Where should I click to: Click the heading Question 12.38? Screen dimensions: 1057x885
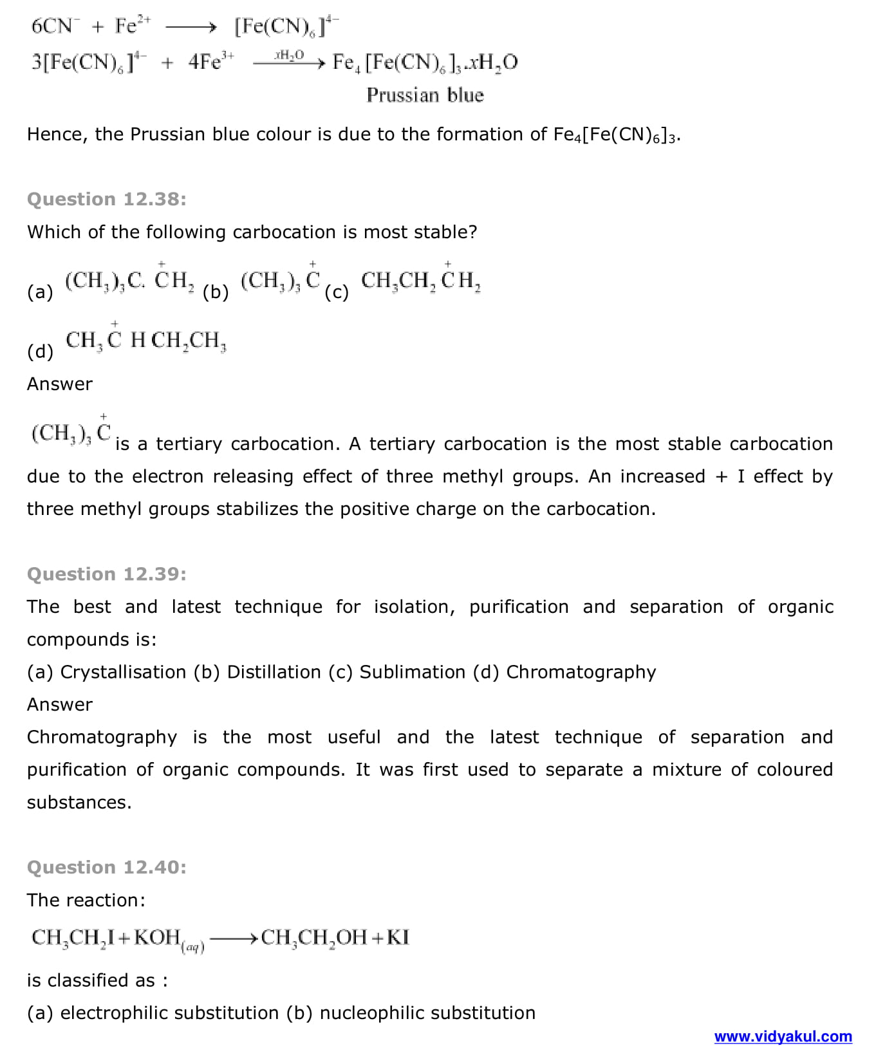pos(107,199)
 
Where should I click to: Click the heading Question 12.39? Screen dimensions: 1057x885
pos(107,574)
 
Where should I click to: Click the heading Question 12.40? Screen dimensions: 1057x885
pos(107,867)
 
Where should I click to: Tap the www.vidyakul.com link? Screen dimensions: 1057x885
pos(783,1036)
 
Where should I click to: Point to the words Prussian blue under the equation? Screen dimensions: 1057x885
pos(425,95)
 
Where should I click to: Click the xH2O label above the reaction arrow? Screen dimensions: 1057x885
pos(288,55)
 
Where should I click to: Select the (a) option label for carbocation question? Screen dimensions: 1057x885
pos(40,292)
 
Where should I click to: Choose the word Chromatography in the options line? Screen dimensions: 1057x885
pos(581,672)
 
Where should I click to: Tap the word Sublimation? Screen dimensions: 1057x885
pos(412,672)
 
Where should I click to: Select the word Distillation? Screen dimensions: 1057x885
pos(274,672)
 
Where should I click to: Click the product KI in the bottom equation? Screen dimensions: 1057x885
pos(398,937)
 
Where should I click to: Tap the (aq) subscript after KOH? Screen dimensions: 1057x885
pos(193,946)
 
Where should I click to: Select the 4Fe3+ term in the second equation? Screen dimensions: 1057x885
pos(211,62)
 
